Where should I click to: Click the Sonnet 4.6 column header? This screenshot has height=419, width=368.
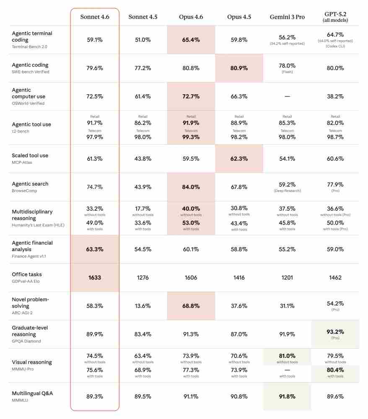(x=95, y=17)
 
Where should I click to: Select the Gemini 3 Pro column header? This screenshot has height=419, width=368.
(x=287, y=17)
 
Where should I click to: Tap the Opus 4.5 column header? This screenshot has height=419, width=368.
(x=239, y=17)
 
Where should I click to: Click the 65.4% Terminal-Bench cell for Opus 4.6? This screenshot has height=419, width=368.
(x=191, y=40)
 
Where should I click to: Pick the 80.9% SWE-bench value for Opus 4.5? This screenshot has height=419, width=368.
(x=239, y=68)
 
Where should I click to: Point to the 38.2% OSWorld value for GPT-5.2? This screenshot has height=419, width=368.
(x=335, y=96)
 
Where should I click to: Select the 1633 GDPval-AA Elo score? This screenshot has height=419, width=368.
(x=95, y=277)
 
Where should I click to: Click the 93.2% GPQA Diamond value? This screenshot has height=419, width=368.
(x=335, y=331)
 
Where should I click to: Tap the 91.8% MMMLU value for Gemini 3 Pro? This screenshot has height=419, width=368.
(x=287, y=396)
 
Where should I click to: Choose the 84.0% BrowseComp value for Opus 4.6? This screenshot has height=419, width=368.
(x=191, y=187)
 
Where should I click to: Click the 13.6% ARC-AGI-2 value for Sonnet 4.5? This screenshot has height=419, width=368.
(x=143, y=306)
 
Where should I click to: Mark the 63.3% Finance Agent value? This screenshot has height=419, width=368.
(x=95, y=249)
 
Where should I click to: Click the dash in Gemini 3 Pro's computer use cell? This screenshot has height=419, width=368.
(x=287, y=96)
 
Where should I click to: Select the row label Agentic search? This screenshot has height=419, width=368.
(x=30, y=184)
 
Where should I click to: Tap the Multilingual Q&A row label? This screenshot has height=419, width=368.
(x=32, y=393)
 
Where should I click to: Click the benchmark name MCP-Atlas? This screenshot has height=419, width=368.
(x=22, y=163)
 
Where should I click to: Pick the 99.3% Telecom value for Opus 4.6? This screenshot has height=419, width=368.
(x=191, y=137)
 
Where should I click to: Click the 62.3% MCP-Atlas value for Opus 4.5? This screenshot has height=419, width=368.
(x=239, y=159)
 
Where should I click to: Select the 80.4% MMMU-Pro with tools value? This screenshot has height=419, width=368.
(x=335, y=370)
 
